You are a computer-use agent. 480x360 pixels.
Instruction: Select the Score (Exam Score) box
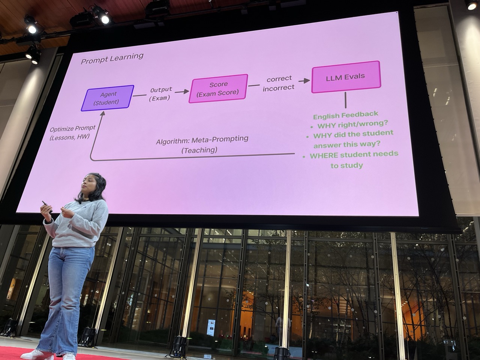[x=218, y=88]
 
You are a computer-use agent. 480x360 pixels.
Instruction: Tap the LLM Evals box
[x=345, y=77]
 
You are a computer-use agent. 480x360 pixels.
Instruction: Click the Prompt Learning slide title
[x=112, y=58]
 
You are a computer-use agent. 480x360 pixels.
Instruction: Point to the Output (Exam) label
[x=160, y=94]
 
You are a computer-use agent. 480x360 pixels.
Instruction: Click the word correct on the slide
[x=279, y=79]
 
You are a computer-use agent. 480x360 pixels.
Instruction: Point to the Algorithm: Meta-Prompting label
[x=202, y=139]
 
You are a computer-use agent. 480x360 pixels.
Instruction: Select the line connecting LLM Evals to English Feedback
[x=345, y=100]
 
